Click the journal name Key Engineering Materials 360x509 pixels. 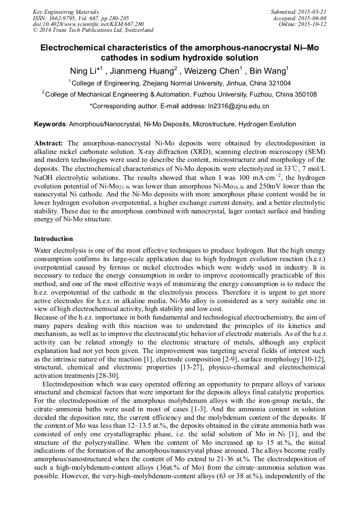pyautogui.click(x=66, y=11)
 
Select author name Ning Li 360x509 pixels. pyautogui.click(x=88, y=71)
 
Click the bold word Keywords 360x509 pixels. pyautogui.click(x=50, y=124)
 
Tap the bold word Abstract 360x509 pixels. pyautogui.click(x=49, y=143)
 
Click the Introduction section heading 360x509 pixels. pyautogui.click(x=54, y=239)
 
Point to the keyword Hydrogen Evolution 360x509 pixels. pyautogui.click(x=267, y=124)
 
